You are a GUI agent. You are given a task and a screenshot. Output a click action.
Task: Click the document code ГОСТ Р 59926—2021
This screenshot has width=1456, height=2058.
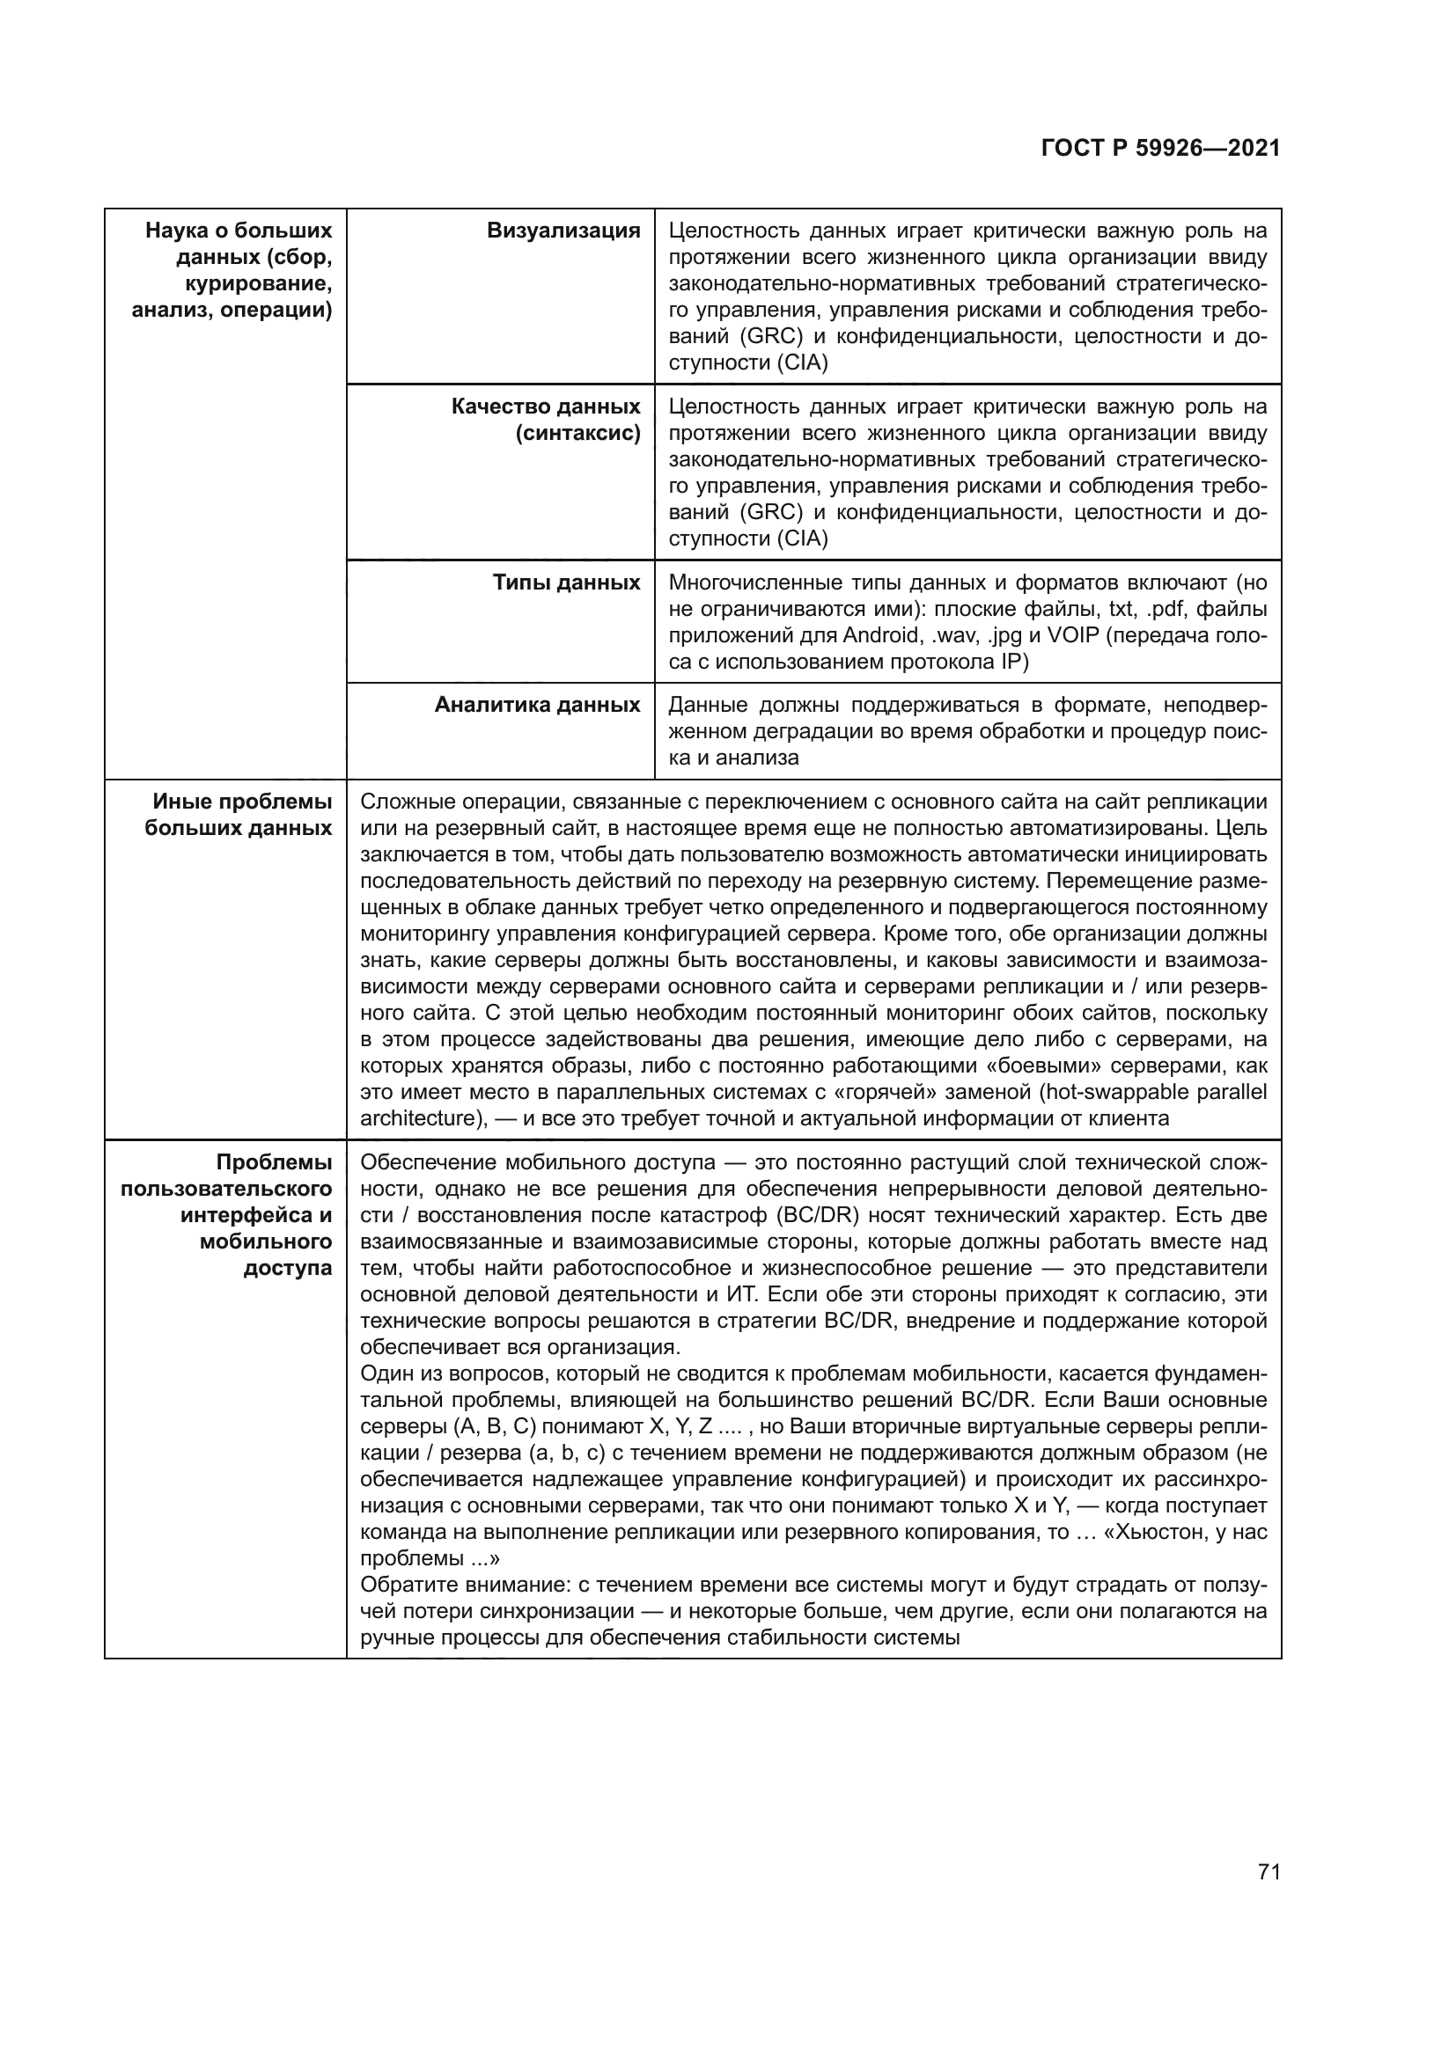[1160, 149]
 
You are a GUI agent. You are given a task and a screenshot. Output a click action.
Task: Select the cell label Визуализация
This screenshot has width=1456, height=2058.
[563, 231]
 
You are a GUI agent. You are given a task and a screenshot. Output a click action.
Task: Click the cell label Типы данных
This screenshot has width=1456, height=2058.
[567, 582]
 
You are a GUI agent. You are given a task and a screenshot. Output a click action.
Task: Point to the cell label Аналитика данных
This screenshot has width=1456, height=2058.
[537, 705]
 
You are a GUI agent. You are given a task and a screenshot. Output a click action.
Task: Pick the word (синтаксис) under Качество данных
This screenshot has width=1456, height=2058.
[577, 434]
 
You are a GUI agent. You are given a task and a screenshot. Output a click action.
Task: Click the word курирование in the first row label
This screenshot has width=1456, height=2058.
[258, 284]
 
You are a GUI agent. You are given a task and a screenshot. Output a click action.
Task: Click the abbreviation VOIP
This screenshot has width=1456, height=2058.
[1071, 635]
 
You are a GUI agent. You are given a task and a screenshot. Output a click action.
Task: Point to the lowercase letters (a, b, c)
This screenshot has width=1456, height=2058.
[561, 1452]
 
